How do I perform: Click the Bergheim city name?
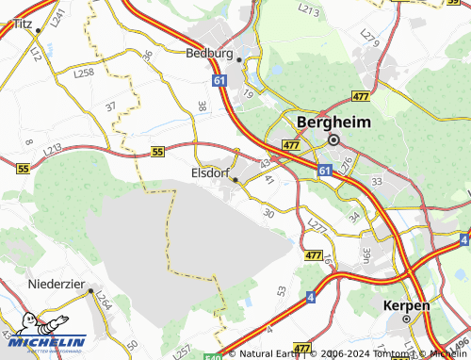coord(333,123)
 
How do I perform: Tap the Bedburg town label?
coord(209,54)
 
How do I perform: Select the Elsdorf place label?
coord(210,173)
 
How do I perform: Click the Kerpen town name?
coord(407,306)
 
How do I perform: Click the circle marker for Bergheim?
coord(333,139)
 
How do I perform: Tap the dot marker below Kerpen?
coord(407,319)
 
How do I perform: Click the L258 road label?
coord(84,73)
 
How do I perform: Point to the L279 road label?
coord(369,41)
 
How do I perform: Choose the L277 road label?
coord(317,224)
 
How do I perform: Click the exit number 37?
coord(111,106)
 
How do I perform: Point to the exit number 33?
coord(377,180)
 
